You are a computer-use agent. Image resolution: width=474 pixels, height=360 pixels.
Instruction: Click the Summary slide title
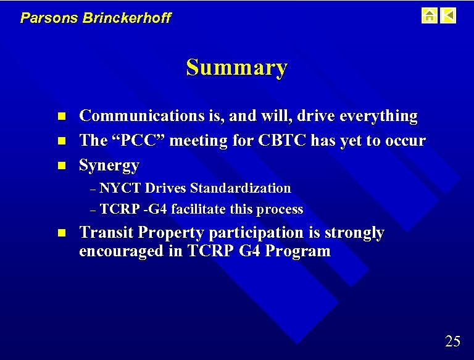[236, 67]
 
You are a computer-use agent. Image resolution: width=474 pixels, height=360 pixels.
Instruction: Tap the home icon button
[429, 15]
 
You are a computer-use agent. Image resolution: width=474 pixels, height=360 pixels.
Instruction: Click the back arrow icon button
[448, 15]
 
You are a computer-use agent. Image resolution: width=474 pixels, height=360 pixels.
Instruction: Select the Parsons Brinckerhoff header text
[96, 18]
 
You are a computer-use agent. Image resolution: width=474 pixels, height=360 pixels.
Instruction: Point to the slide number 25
[452, 341]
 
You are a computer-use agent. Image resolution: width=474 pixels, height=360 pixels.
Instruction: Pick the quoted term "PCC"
[139, 141]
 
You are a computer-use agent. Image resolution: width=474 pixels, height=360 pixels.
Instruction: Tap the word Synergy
[109, 165]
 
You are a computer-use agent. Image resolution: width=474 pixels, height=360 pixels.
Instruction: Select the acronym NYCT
[120, 188]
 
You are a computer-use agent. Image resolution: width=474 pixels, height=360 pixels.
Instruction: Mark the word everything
[378, 116]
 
